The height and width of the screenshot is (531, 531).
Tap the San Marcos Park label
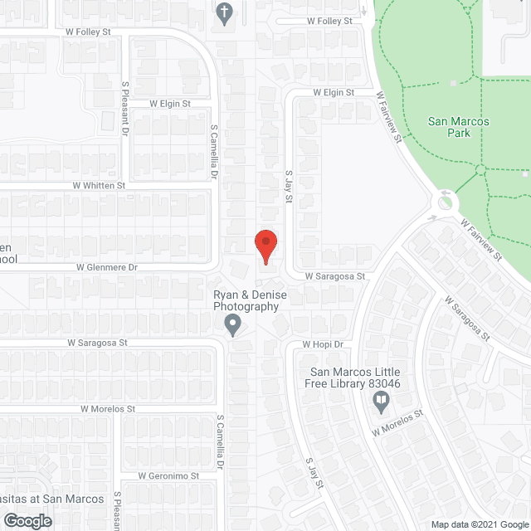pos(459,127)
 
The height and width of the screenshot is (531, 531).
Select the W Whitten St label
pos(99,186)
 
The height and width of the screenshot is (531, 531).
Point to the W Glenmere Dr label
pos(106,267)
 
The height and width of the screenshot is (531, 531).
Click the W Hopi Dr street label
pos(322,343)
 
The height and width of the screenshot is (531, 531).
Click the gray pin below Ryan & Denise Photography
pos(233,324)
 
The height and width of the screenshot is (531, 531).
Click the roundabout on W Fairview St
pos(446,201)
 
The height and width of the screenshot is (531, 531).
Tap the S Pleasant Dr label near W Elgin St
pos(125,108)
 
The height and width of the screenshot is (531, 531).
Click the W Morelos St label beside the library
pos(398,422)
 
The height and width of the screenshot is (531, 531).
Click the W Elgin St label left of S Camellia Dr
pos(170,104)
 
